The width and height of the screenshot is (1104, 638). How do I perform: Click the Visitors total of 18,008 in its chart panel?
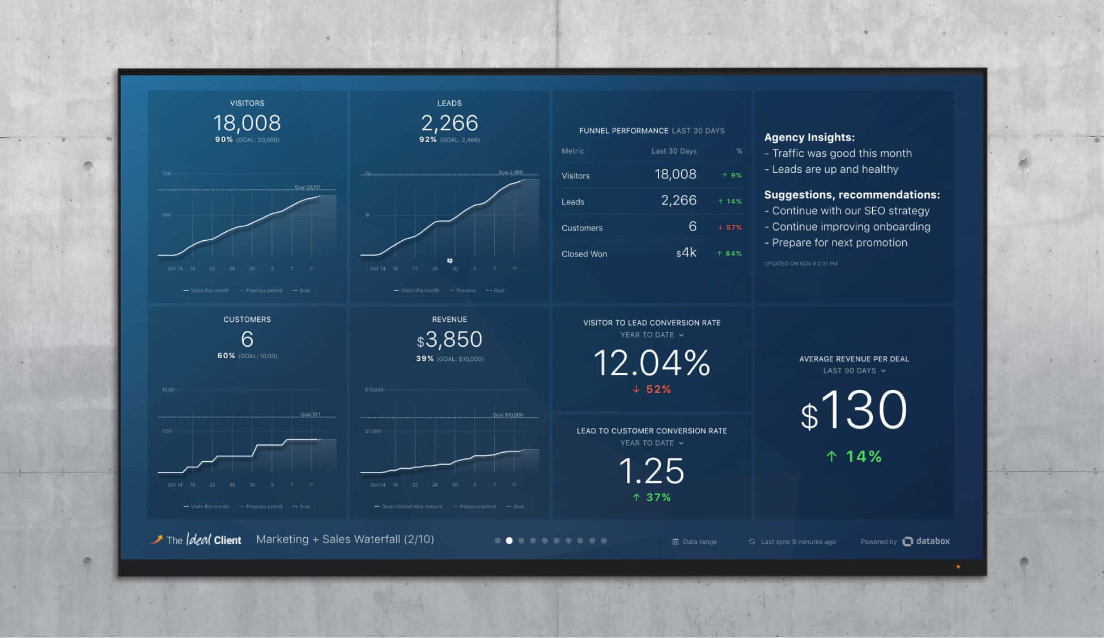pos(247,123)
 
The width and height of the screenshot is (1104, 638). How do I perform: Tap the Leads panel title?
pos(449,103)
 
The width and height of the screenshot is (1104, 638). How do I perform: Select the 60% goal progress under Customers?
pos(226,356)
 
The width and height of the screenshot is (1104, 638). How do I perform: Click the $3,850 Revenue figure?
pos(449,340)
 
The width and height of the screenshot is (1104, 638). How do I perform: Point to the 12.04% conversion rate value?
pos(652,363)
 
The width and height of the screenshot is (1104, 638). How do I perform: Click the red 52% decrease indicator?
pos(652,389)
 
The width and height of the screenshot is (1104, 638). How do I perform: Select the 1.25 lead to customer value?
pos(652,471)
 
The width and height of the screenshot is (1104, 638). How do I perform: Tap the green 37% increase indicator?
pos(652,497)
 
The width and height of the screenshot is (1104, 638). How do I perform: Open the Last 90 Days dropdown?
pos(854,371)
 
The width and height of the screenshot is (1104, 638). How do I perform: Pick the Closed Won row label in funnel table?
pos(584,254)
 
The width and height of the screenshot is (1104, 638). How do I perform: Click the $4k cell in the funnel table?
pos(686,253)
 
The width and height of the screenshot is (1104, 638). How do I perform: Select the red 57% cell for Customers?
pos(730,227)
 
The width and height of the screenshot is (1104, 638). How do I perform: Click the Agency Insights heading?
pos(809,137)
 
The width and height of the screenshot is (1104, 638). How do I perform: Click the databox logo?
pos(926,541)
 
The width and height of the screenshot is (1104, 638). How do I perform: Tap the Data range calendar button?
pos(695,542)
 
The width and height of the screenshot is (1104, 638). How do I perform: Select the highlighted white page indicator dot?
pos(509,541)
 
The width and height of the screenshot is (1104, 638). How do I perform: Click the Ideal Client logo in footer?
pos(196,539)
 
